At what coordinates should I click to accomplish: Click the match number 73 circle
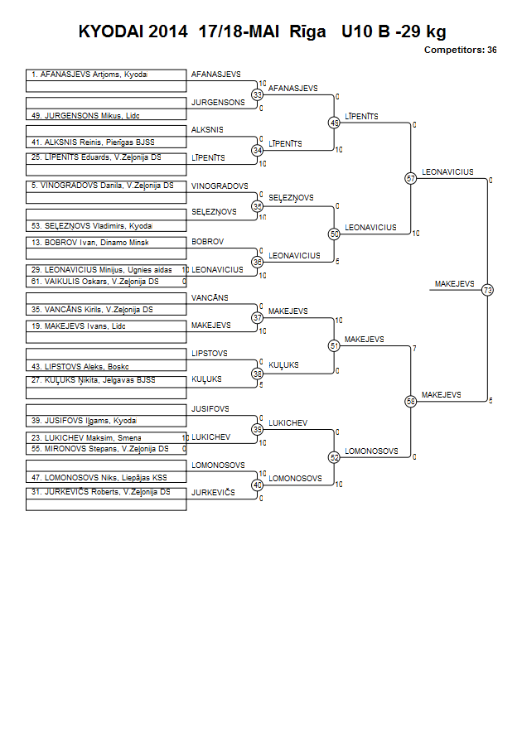pos(488,290)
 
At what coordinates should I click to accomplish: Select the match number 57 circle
pos(411,178)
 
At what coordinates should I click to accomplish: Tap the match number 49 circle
pos(334,123)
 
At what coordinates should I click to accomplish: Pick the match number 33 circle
pos(258,94)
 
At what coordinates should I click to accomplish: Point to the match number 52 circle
pos(334,457)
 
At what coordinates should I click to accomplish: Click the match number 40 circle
pos(258,485)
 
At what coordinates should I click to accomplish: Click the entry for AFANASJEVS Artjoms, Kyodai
pos(89,75)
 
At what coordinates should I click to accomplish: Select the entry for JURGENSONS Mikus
pos(85,115)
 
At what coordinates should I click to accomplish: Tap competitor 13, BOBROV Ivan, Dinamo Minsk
pos(90,243)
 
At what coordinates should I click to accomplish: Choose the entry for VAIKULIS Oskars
pos(94,282)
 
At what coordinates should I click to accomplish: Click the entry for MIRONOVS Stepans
pos(99,449)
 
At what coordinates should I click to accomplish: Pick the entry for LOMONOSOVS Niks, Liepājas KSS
pos(99,477)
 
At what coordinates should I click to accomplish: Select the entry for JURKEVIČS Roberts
pos(101,492)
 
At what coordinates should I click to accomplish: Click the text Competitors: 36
pos(461,50)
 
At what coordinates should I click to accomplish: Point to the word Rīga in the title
pos(307,31)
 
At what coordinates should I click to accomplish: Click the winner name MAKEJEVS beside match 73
pos(454,284)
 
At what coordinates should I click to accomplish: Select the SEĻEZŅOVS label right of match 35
pos(291,198)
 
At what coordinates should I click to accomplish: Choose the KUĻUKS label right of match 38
pos(283,365)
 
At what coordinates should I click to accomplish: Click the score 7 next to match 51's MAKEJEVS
pos(414,348)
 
